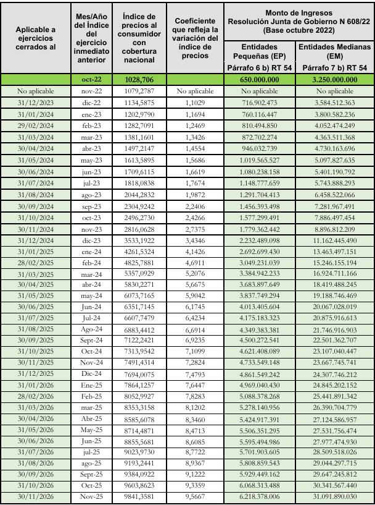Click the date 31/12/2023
tap(36, 101)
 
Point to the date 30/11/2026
tap(36, 496)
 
